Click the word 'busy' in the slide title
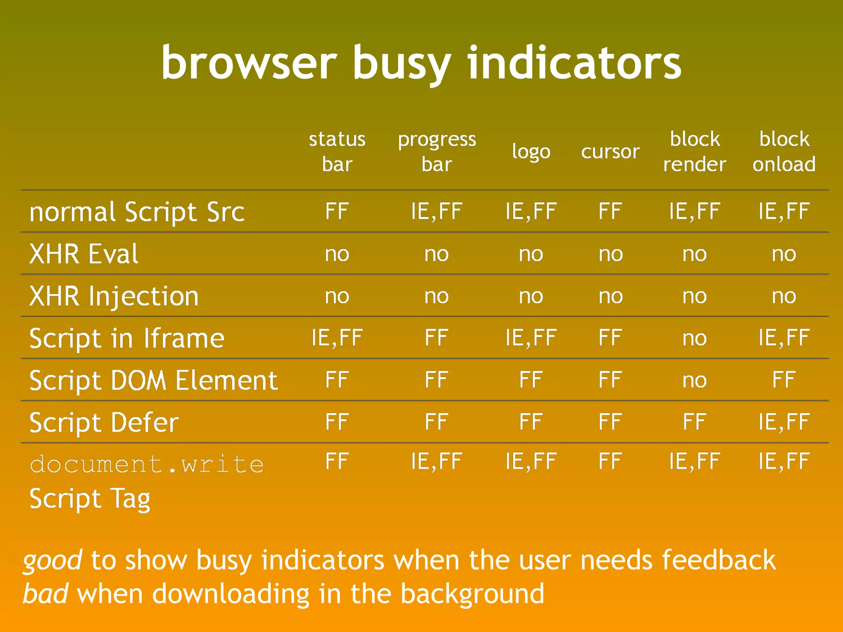point(401,64)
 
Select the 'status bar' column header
point(337,151)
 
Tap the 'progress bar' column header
point(437,151)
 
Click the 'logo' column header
point(531,152)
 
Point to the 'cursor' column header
point(610,151)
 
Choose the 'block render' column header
point(694,151)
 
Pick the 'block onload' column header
point(784,151)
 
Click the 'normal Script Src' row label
point(137,212)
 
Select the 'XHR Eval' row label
point(84,254)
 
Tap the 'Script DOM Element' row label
point(154,380)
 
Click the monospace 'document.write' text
point(147,464)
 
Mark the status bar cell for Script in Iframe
point(337,337)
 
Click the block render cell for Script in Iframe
point(694,338)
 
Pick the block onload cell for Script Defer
point(784,422)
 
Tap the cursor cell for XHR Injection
point(610,296)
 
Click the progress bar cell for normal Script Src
point(437,211)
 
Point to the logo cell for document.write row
point(531,461)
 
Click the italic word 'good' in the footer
point(52,561)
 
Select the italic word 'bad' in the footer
point(45,594)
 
